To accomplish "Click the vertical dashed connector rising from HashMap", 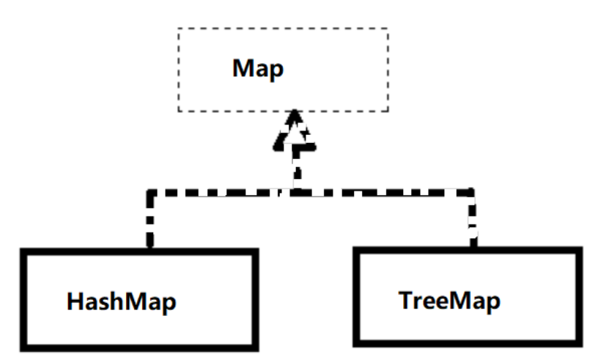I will point(149,220).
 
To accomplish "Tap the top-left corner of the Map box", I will point(178,29).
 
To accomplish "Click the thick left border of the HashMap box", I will point(23,297).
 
